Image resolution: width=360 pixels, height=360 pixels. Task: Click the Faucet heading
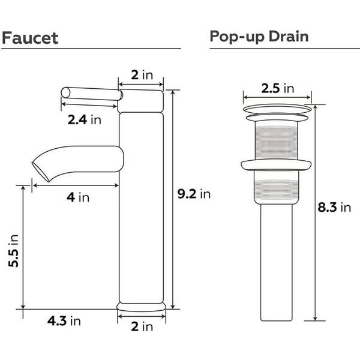click(x=30, y=38)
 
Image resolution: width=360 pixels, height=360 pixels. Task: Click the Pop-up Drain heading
click(x=259, y=37)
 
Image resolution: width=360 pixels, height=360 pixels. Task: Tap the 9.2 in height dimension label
click(x=194, y=194)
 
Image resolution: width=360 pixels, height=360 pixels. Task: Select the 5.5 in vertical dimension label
click(x=13, y=251)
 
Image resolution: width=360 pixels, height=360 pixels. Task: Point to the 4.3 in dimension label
click(x=64, y=321)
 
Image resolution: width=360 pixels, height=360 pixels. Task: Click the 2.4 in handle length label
click(x=84, y=119)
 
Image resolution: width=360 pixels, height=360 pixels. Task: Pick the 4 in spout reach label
click(x=78, y=197)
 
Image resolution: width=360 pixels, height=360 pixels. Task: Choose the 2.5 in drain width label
click(x=278, y=88)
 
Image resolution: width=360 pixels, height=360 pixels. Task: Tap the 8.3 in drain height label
click(x=334, y=208)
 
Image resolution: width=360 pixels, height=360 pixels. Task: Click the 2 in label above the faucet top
click(x=142, y=75)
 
